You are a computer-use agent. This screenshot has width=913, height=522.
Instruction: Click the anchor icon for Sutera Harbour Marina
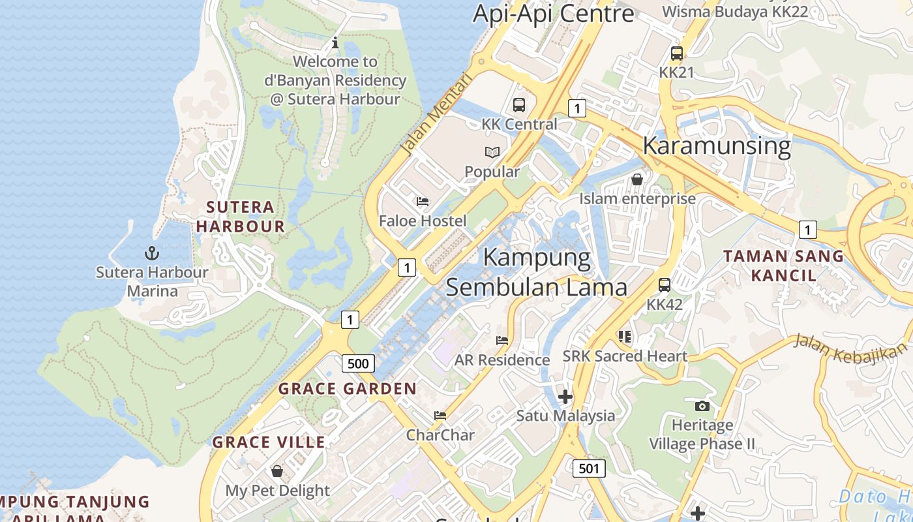point(151,253)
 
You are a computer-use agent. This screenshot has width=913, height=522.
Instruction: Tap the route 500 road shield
point(358,363)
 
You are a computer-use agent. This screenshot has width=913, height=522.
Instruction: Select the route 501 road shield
point(589,468)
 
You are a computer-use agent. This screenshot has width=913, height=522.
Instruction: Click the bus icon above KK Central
point(519,104)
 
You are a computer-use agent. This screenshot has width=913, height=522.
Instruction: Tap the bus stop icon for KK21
point(677,54)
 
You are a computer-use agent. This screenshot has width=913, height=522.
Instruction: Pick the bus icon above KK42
point(665,285)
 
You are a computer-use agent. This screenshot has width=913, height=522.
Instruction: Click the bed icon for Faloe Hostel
point(423,202)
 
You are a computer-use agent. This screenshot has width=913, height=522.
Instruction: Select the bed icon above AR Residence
point(502,341)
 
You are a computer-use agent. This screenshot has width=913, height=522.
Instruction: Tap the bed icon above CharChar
point(441,416)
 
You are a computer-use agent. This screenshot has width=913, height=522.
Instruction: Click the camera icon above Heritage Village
point(702,406)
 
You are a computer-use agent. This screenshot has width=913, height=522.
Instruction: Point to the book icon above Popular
point(492,152)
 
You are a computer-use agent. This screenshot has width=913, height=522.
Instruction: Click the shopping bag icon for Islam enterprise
point(637,179)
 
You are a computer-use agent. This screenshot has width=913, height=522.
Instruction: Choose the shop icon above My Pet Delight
point(277,471)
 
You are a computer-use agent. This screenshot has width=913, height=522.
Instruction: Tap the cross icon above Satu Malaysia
point(565,396)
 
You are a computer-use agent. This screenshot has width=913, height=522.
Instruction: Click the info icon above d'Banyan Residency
point(335,43)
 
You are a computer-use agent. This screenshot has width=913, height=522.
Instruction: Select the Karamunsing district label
point(717,146)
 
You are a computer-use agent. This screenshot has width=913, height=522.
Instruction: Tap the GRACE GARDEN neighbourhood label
point(347,389)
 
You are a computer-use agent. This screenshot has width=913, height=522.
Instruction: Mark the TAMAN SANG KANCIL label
point(783,266)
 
